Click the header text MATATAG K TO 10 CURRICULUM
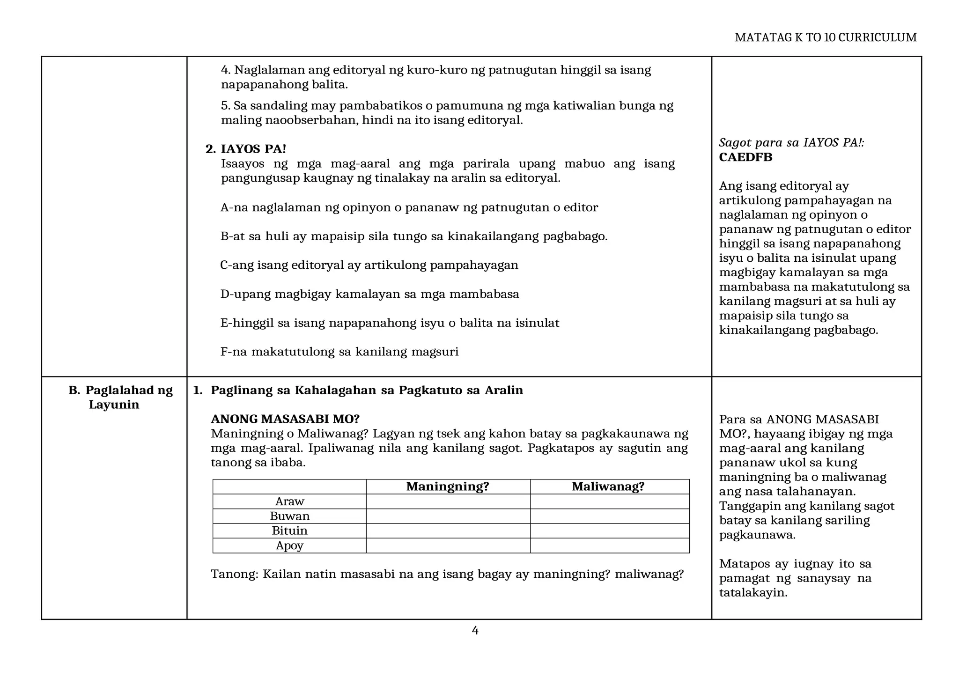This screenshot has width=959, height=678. [x=826, y=37]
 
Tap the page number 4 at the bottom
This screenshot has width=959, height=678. [x=475, y=631]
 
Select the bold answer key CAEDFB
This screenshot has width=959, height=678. [x=745, y=157]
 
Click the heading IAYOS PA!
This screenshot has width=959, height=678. [x=253, y=149]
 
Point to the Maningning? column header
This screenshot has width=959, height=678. [x=448, y=486]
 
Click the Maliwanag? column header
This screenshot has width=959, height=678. [x=608, y=486]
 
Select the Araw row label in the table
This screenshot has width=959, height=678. [x=289, y=501]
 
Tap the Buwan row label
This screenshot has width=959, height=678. [x=289, y=516]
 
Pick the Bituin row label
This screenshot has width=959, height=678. [x=289, y=531]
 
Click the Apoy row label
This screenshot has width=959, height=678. [x=289, y=545]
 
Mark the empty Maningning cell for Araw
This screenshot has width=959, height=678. [x=448, y=501]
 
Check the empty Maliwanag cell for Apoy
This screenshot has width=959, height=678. [x=609, y=545]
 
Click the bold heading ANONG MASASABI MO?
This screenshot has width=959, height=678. [x=285, y=419]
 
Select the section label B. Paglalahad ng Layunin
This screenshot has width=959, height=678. [x=120, y=397]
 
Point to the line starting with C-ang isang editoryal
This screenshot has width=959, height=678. [x=369, y=265]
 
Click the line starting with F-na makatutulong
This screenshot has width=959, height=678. [x=339, y=352]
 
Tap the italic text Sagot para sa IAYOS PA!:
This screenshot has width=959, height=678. [x=791, y=143]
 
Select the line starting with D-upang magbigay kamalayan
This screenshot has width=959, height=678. [x=369, y=294]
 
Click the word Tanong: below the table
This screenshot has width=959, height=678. [x=235, y=574]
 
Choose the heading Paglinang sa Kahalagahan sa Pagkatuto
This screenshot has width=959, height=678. [x=367, y=390]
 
